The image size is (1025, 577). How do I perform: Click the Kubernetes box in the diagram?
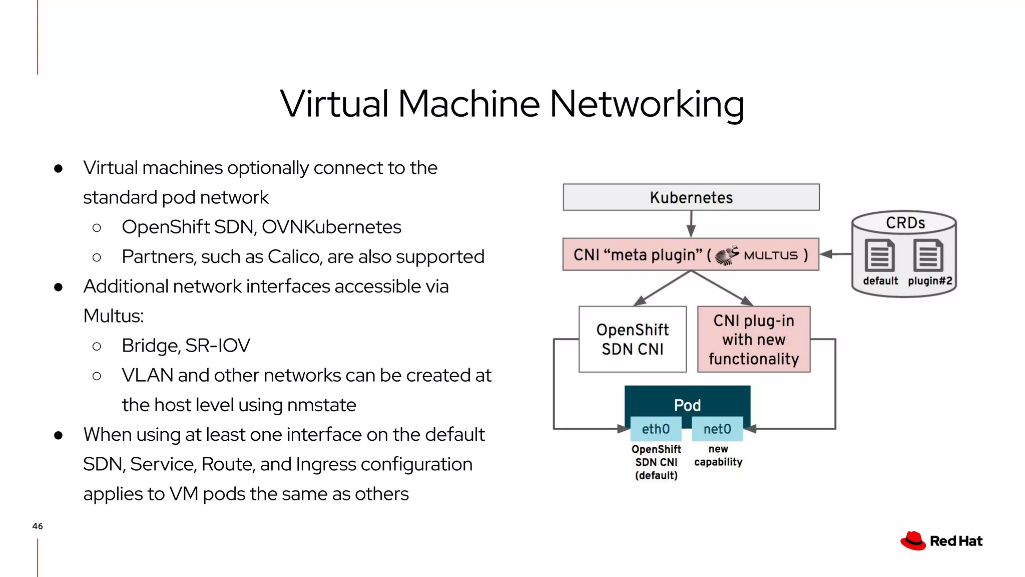coord(691,197)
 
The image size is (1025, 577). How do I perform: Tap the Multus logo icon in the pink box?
coord(727,255)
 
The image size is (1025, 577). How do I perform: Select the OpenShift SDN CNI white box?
coord(632,339)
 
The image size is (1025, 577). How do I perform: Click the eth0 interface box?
coord(656,429)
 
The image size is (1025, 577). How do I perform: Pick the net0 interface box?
coord(717,429)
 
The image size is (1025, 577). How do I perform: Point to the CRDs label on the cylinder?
coord(905,223)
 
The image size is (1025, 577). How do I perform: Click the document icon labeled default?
coord(879,255)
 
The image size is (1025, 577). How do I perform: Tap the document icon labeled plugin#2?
coord(928,255)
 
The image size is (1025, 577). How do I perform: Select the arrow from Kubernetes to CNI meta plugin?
coord(691,224)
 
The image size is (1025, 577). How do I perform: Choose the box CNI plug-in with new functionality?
coord(753,339)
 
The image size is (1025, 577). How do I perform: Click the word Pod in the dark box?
coord(687,405)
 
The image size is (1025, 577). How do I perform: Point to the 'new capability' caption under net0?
coord(718,455)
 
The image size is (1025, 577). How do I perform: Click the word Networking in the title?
coord(647,104)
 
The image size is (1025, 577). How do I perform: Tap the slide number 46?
coord(38,526)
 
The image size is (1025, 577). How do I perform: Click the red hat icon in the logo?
coord(913,541)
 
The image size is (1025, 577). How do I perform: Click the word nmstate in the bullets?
coord(322,405)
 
